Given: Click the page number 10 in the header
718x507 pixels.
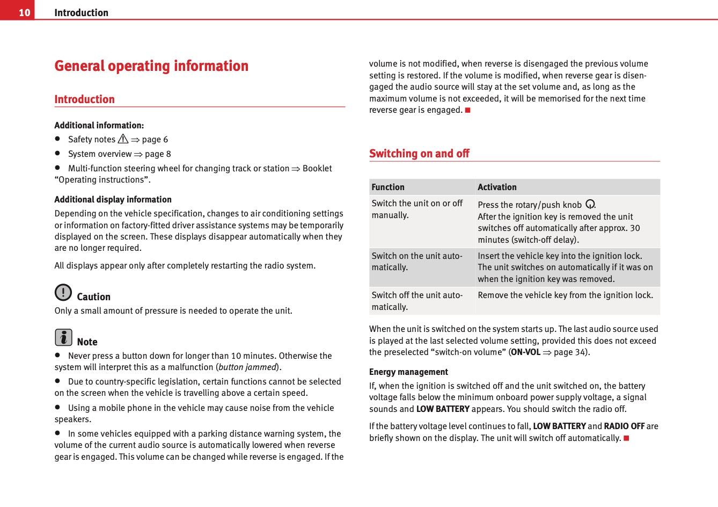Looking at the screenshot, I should [24, 12].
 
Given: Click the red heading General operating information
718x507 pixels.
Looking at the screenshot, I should [151, 66].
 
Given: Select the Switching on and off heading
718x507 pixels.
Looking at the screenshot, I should [419, 154].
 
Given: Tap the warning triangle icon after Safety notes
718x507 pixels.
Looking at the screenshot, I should [123, 139].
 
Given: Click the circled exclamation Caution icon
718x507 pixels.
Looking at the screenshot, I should [63, 292].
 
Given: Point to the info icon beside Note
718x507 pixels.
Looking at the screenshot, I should [63, 337].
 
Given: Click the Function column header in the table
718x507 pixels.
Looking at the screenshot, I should [388, 187].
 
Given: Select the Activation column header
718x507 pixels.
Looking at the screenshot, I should [497, 187].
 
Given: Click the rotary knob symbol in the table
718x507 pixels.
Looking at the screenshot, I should [590, 204].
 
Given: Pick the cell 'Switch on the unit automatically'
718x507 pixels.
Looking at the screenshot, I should [416, 262].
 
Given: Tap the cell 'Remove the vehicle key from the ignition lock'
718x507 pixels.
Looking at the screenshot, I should [565, 295].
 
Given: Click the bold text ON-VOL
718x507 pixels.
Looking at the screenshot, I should [525, 352].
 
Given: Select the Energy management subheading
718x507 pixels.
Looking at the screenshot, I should [408, 372].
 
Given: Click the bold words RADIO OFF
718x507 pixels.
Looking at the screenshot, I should [624, 426].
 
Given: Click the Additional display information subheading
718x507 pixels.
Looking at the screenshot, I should [113, 199].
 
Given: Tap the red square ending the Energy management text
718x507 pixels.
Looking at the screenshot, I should [626, 438].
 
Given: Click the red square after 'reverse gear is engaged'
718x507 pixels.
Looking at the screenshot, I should [467, 110].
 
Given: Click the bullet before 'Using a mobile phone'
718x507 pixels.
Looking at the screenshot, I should [57, 408].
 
